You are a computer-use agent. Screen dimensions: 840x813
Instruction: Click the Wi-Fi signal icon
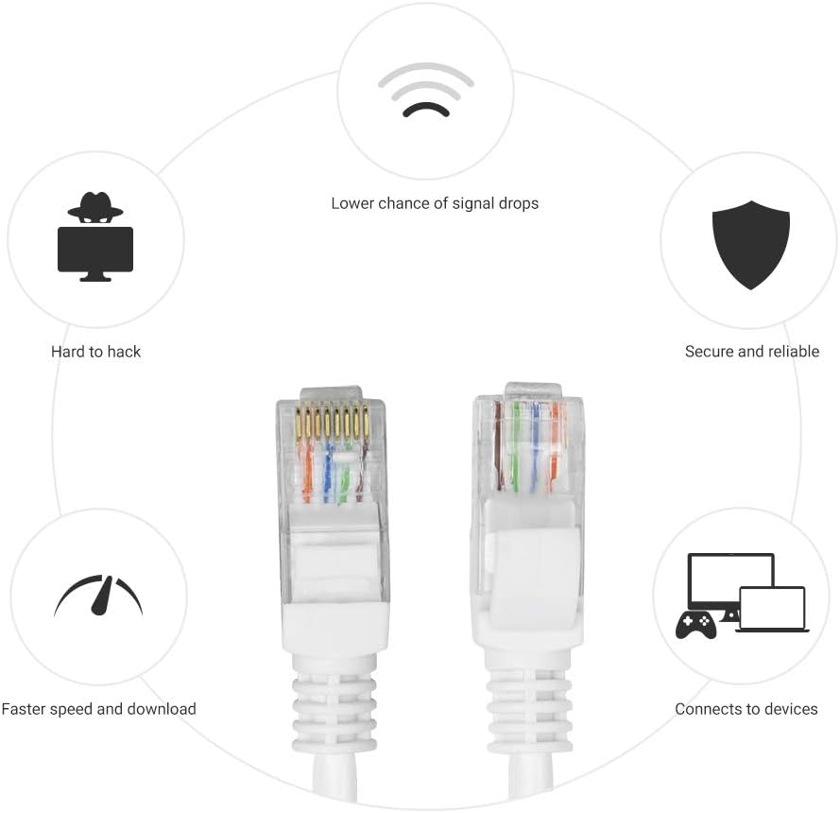point(426,90)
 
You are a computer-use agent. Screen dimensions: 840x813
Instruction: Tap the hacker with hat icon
point(95,236)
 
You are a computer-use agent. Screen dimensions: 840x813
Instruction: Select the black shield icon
point(750,245)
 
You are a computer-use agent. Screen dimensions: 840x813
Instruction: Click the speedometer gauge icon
point(98,596)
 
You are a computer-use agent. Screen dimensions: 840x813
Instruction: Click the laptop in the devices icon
point(773,610)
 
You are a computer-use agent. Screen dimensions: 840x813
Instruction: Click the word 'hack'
point(125,352)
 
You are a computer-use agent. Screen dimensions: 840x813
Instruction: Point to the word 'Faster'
point(22,709)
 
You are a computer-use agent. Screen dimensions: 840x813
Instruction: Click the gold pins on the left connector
point(332,422)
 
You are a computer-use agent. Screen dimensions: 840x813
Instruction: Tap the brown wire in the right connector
point(499,446)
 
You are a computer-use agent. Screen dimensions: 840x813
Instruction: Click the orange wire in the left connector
point(307,472)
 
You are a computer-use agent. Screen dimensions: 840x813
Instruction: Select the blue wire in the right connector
point(534,447)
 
